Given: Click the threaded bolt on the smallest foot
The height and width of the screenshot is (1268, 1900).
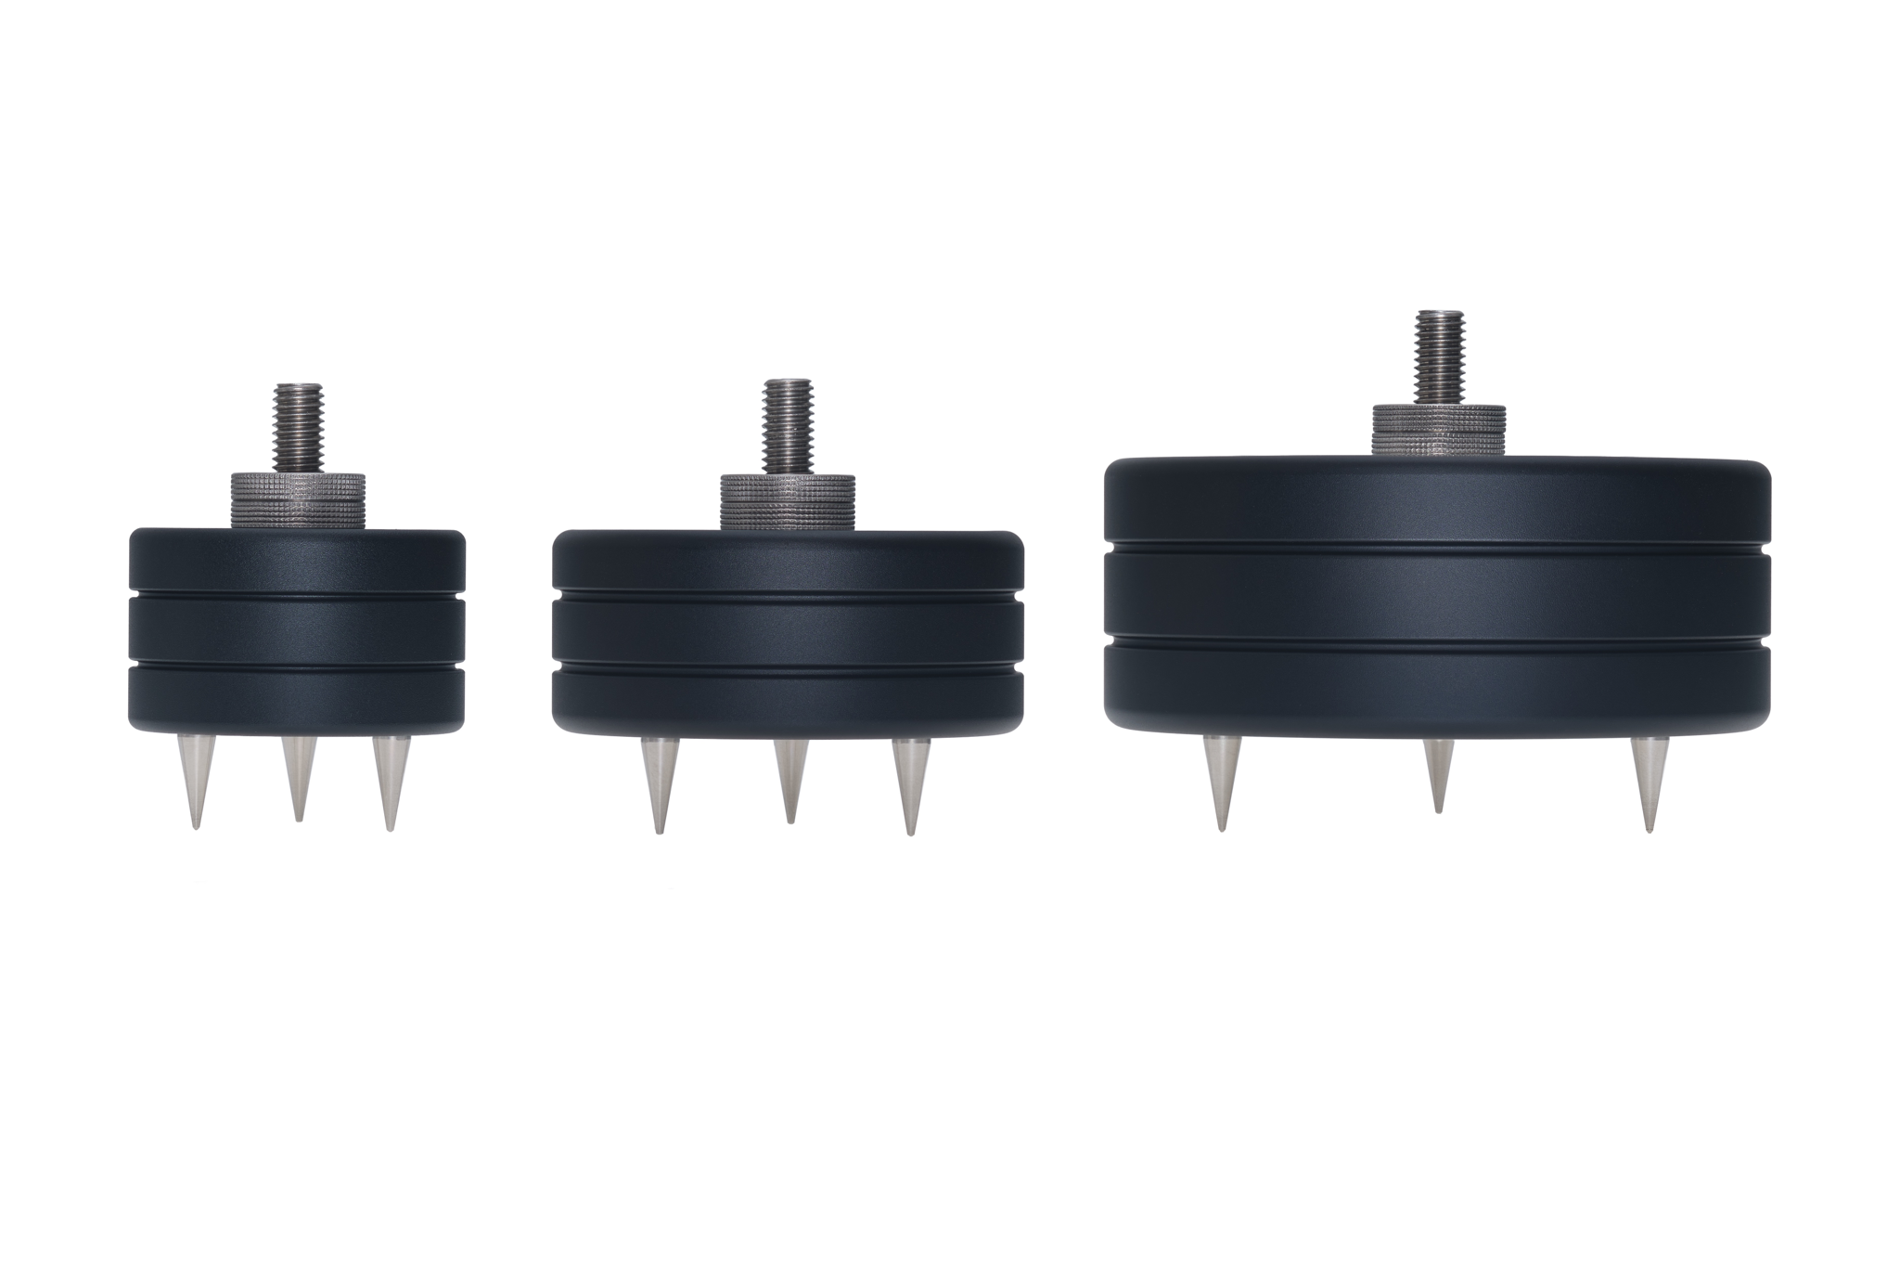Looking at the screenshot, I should click(x=296, y=429).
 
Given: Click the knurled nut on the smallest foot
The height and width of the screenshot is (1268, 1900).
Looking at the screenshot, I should click(x=296, y=501).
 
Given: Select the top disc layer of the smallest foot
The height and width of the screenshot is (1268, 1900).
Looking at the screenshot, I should click(x=296, y=561).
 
